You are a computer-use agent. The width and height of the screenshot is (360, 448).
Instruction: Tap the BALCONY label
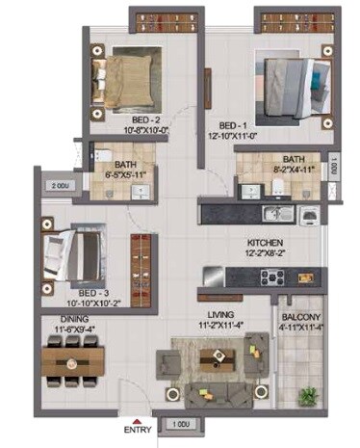[x=301, y=316]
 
